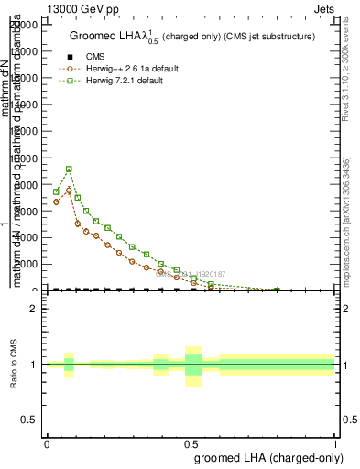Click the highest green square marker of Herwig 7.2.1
(69, 169)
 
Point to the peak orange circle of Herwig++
(69, 191)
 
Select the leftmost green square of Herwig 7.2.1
(56, 192)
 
